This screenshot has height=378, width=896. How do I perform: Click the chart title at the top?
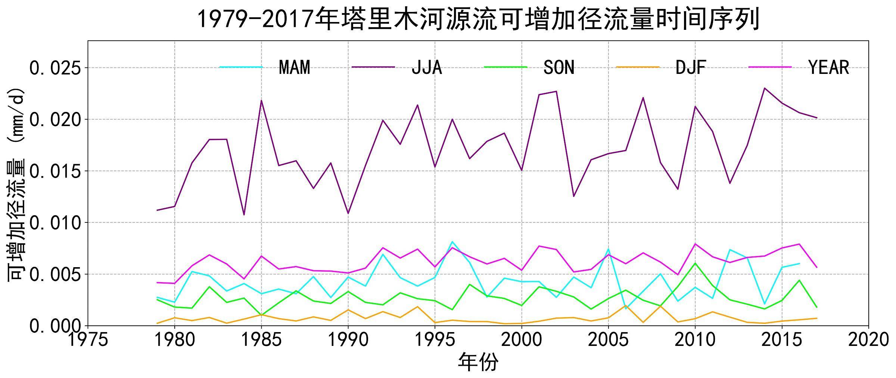(478, 19)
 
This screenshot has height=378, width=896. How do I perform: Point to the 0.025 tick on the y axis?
(55, 68)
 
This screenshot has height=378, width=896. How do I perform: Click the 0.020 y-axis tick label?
(55, 120)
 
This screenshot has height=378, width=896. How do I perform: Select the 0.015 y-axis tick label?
(55, 171)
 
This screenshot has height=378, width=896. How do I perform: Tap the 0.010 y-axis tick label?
(55, 223)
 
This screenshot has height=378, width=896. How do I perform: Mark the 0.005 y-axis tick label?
(55, 275)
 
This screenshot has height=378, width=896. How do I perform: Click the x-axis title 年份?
(478, 362)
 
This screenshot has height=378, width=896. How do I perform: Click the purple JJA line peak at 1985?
(261, 100)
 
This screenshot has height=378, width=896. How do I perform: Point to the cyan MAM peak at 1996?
(452, 242)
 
